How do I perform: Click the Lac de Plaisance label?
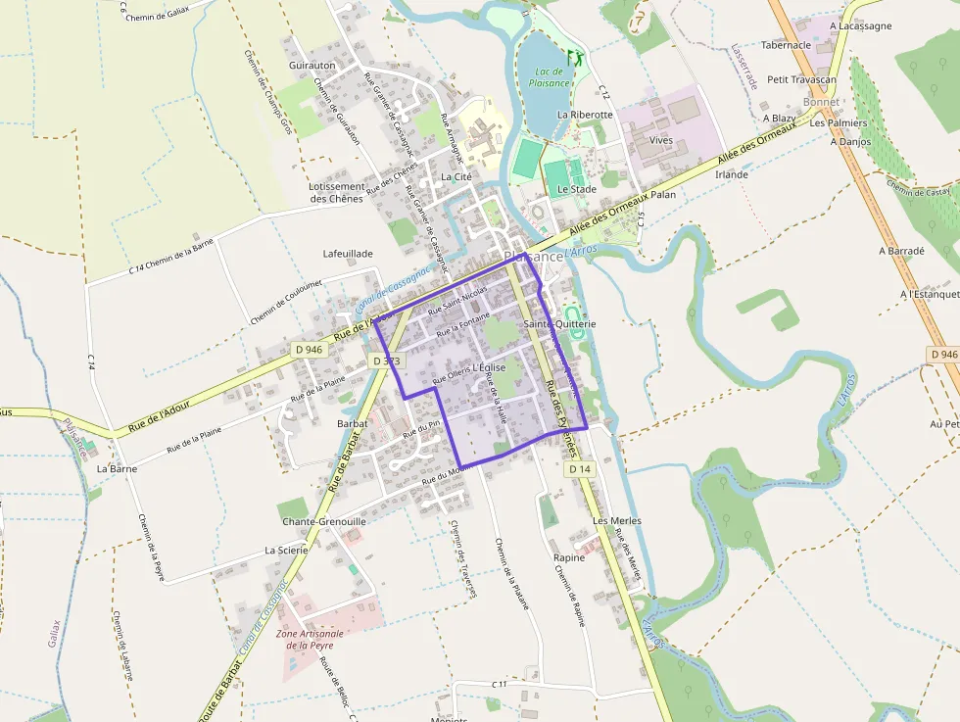550,76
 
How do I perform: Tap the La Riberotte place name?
585,115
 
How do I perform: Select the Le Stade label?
577,189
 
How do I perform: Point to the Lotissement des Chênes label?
336,192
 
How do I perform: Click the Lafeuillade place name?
348,254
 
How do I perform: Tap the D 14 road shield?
580,469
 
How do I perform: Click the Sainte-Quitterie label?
559,323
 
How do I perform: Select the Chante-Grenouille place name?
324,522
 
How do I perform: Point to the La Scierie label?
286,551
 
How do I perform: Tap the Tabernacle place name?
786,45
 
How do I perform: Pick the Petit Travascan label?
802,79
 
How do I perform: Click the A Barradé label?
901,251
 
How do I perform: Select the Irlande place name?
732,174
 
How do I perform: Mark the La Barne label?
117,468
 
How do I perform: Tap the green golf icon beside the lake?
574,57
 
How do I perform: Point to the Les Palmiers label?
839,123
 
